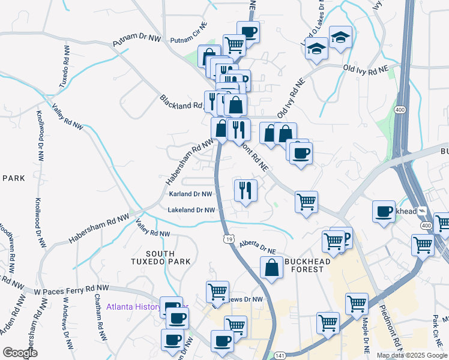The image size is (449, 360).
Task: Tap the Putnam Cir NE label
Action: pos(188,40)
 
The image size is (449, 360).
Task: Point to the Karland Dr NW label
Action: pos(190,194)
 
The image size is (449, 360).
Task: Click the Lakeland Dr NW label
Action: pos(191,210)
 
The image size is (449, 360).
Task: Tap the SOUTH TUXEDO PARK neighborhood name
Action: pos(161,257)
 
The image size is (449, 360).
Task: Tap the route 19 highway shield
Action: pos(229,239)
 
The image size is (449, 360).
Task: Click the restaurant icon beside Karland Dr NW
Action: pos(246,190)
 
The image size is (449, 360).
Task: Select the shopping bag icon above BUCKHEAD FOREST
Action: pos(271,268)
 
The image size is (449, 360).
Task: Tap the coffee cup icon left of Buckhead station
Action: pos(384,211)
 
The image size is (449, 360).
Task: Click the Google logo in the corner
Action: pos(19,353)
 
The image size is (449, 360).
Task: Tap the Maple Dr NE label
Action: pos(364,330)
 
